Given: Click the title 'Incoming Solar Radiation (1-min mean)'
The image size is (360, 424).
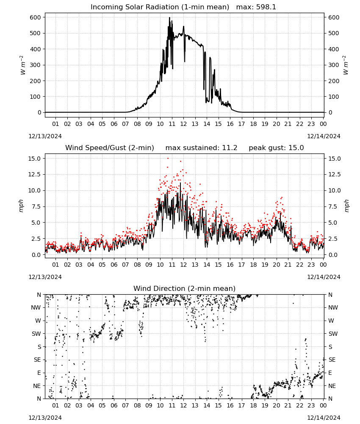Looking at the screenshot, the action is [x=160, y=7].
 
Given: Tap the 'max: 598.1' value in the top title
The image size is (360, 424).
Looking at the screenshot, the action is [x=256, y=7].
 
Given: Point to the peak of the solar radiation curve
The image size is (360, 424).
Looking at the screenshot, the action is [x=169, y=17].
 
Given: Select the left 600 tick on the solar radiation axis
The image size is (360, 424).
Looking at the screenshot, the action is [x=36, y=17].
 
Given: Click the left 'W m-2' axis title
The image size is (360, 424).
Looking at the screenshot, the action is [x=23, y=65].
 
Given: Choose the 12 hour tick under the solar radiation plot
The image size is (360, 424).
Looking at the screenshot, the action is [x=183, y=124].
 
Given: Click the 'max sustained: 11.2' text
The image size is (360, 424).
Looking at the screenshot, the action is [x=201, y=148].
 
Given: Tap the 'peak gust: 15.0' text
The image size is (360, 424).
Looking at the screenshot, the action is [x=276, y=148].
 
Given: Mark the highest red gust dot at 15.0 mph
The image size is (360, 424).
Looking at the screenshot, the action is [x=168, y=159].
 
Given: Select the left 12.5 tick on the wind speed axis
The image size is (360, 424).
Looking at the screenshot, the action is [x=35, y=174].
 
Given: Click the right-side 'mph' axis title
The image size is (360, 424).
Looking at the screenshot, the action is [x=346, y=206].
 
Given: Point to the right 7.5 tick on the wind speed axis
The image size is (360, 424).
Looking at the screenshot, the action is [x=333, y=206].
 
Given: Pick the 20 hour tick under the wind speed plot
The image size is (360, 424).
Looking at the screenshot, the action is [x=276, y=265].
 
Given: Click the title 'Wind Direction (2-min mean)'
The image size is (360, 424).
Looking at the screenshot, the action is [x=185, y=288].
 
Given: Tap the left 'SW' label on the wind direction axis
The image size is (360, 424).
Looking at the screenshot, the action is [x=36, y=334].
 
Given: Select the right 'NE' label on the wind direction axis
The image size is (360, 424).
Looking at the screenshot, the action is [x=332, y=386].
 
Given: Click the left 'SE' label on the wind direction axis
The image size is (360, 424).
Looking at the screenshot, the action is [x=37, y=360].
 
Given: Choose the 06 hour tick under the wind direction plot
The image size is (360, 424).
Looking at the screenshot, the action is [x=114, y=406].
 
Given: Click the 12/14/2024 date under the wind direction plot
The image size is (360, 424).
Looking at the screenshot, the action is [x=324, y=418].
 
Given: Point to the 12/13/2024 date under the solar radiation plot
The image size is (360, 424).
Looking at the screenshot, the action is [x=45, y=136].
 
